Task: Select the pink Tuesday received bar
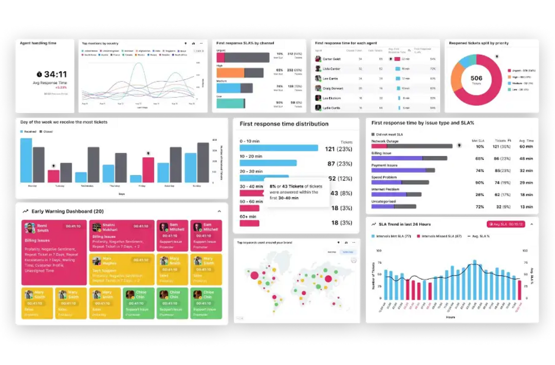pyautogui.click(x=53, y=176)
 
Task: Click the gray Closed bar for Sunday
pyautogui.click(x=203, y=163)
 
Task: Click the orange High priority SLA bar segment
pyautogui.click(x=230, y=73)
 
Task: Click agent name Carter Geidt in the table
pyautogui.click(x=332, y=59)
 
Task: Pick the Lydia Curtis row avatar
pyautogui.click(x=318, y=108)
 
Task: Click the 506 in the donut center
pyautogui.click(x=476, y=79)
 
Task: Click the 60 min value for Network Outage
pyautogui.click(x=526, y=147)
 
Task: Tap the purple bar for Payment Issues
pyautogui.click(x=398, y=170)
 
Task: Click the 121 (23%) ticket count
pyautogui.click(x=338, y=149)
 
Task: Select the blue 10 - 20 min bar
pyautogui.click(x=268, y=163)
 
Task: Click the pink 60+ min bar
pyautogui.click(x=249, y=223)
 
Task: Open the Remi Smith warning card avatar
pyautogui.click(x=30, y=228)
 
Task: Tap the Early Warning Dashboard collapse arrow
pyautogui.click(x=219, y=211)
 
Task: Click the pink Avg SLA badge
pyautogui.click(x=506, y=224)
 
